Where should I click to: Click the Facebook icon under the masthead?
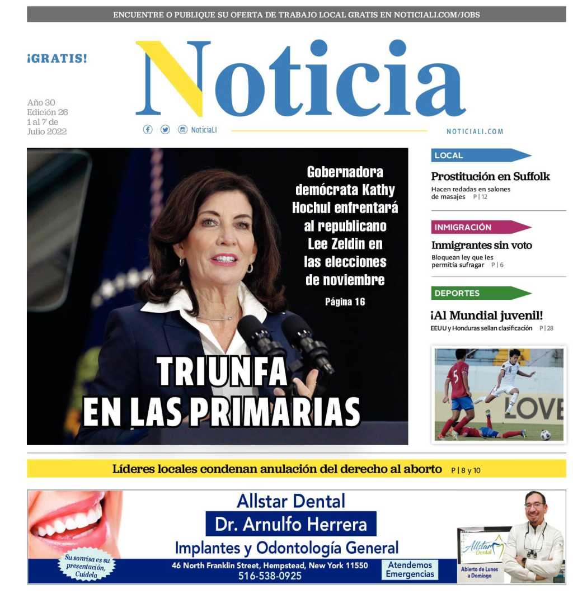click(148, 130)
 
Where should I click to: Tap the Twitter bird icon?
click(165, 130)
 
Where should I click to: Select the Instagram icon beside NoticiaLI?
click(182, 130)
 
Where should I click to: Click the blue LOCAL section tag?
click(476, 155)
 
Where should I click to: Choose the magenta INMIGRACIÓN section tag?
click(476, 227)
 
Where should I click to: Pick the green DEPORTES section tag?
click(476, 293)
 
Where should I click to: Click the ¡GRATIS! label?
click(57, 58)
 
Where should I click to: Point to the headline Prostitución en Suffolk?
click(490, 177)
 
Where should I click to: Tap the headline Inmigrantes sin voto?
click(481, 245)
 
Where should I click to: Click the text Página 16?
click(345, 302)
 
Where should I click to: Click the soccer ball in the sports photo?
click(545, 435)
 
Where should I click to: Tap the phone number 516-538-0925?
click(270, 576)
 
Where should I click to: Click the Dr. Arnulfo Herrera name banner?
click(291, 525)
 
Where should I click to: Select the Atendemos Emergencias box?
click(410, 569)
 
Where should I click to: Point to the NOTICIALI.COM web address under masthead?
click(475, 132)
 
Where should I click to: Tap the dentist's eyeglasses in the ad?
click(534, 506)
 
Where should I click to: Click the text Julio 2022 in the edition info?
click(47, 132)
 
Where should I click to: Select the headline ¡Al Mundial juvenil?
click(487, 315)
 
